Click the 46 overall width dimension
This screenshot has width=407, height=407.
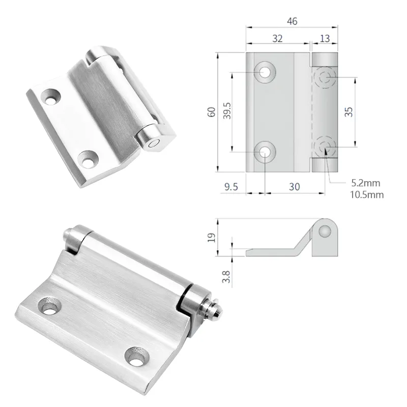292,21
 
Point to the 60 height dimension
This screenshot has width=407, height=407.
211,112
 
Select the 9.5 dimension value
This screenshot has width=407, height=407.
231,187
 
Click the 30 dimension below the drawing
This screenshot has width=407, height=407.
294,187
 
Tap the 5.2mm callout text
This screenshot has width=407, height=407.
365,183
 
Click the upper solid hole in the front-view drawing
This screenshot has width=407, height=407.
266,72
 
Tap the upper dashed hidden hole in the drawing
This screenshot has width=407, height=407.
325,78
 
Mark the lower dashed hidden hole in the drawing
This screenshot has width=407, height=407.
325,147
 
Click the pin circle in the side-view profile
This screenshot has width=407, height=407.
324,232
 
